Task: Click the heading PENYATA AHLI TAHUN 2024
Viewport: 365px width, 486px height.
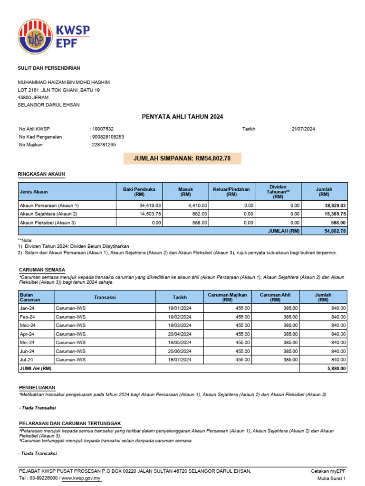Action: pos(182,117)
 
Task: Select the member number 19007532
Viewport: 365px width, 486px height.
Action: pos(102,129)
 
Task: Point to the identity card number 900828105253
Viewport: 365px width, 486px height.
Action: pos(108,137)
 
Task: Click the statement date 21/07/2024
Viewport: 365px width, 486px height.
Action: pos(303,129)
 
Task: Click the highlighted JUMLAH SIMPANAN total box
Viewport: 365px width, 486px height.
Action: pos(182,159)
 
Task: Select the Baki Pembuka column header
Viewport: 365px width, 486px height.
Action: pos(139,192)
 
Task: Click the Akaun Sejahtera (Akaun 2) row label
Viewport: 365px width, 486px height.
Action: pos(49,214)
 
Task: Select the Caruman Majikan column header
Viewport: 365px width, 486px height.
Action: pos(227,298)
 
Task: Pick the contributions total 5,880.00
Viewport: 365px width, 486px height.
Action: pos(336,368)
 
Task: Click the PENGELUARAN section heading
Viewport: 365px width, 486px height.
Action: pos(37,387)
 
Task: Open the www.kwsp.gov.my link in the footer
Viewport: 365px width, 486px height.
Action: pos(81,478)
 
